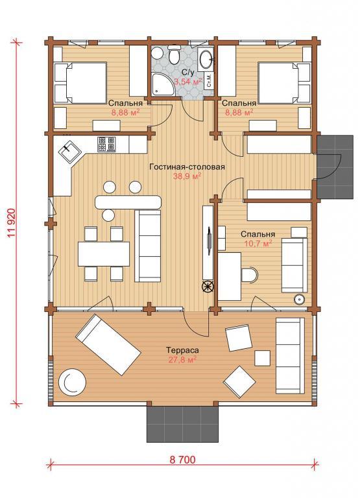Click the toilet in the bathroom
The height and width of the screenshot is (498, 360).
174,55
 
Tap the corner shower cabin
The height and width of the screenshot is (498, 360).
162,84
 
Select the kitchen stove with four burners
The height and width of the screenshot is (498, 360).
106,144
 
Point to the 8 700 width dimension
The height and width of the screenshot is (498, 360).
182,460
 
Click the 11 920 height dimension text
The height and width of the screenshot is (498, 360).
12,223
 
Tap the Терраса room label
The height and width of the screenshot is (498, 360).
183,350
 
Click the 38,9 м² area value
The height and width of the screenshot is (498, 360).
187,176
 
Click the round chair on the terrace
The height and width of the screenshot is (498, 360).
72,381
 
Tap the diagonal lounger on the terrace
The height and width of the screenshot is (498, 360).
108,344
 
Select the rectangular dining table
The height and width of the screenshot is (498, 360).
104,254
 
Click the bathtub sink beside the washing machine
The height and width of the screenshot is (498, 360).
206,59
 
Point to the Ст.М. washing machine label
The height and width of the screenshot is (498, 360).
209,80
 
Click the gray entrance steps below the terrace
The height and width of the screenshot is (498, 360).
182,423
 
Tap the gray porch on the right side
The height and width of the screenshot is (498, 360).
335,167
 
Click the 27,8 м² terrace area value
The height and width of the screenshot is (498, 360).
183,359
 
